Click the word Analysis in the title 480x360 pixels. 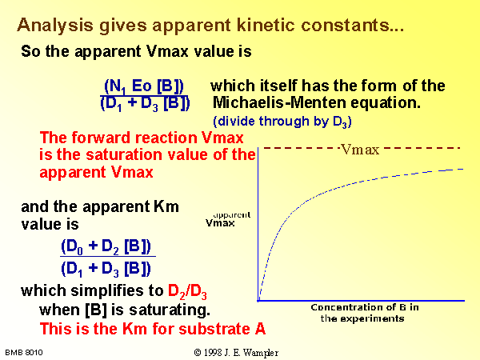(55, 26)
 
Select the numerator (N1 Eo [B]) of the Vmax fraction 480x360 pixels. (144, 86)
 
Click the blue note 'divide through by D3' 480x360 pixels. (282, 122)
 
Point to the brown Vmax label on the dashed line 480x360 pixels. (360, 150)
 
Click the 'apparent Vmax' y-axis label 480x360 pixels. (228, 219)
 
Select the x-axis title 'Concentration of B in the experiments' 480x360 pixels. (364, 313)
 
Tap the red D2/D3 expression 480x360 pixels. (187, 291)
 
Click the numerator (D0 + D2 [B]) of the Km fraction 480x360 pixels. (106, 246)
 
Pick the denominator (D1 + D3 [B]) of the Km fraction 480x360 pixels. (106, 269)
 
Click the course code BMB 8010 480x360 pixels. (24, 353)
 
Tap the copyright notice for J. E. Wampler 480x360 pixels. (236, 353)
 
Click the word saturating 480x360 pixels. (170, 310)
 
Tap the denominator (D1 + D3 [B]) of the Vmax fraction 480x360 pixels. (145, 103)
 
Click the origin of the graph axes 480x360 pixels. (258, 301)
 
